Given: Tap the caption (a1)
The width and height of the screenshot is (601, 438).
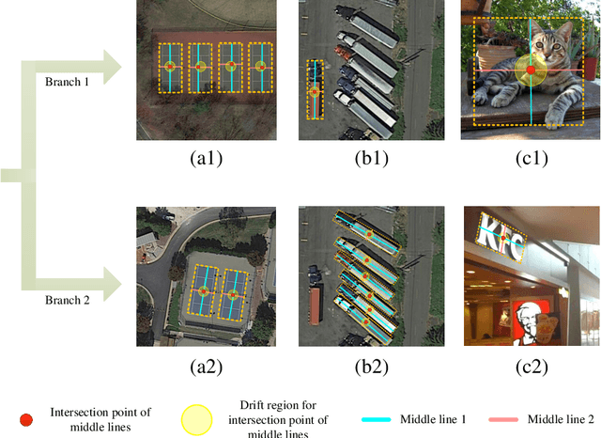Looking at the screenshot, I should point(206,159).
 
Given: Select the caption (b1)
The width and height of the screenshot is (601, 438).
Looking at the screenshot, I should point(367,159).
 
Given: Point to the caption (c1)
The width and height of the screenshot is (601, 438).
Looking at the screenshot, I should point(530,159).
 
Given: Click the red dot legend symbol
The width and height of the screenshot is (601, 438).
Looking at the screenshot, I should point(26,418).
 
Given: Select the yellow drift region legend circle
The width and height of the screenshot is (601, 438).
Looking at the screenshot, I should point(196,419).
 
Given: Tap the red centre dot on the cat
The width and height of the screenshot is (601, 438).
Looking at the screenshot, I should point(531,70).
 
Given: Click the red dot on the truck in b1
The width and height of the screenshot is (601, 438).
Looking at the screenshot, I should point(315,92).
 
